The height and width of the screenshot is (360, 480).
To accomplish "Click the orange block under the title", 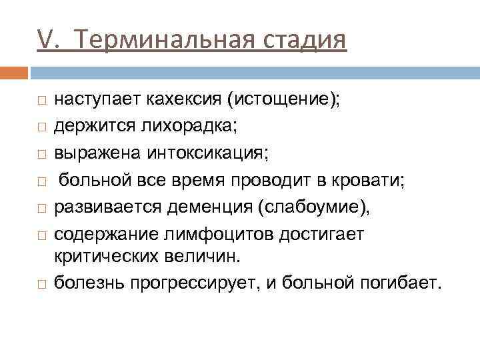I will pos(14,71).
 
